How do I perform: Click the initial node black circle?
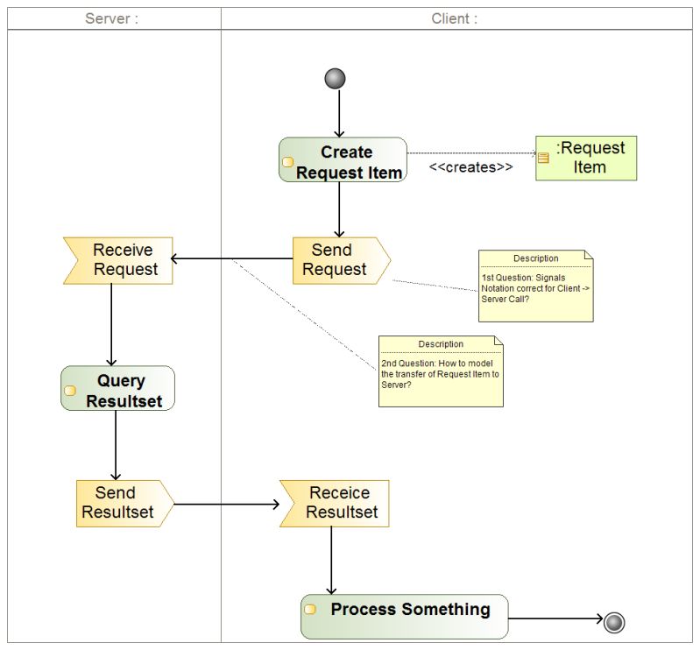tap(335, 79)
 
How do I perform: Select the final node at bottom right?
tap(614, 622)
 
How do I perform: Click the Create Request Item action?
tap(343, 160)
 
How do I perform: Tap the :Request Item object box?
tap(586, 159)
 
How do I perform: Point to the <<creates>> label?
tap(470, 167)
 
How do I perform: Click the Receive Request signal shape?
tap(119, 260)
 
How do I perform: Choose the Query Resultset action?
tap(118, 389)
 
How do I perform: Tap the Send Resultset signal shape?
tap(123, 503)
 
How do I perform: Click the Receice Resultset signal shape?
tap(335, 503)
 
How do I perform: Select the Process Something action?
tap(404, 617)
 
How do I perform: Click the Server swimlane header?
tap(112, 18)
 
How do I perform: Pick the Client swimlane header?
tap(455, 18)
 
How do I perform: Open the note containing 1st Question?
tap(535, 286)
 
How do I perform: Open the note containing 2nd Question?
tap(441, 371)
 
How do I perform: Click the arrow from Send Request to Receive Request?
tap(232, 259)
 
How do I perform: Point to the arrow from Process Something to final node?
tap(555, 618)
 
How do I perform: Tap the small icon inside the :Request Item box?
tap(543, 158)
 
